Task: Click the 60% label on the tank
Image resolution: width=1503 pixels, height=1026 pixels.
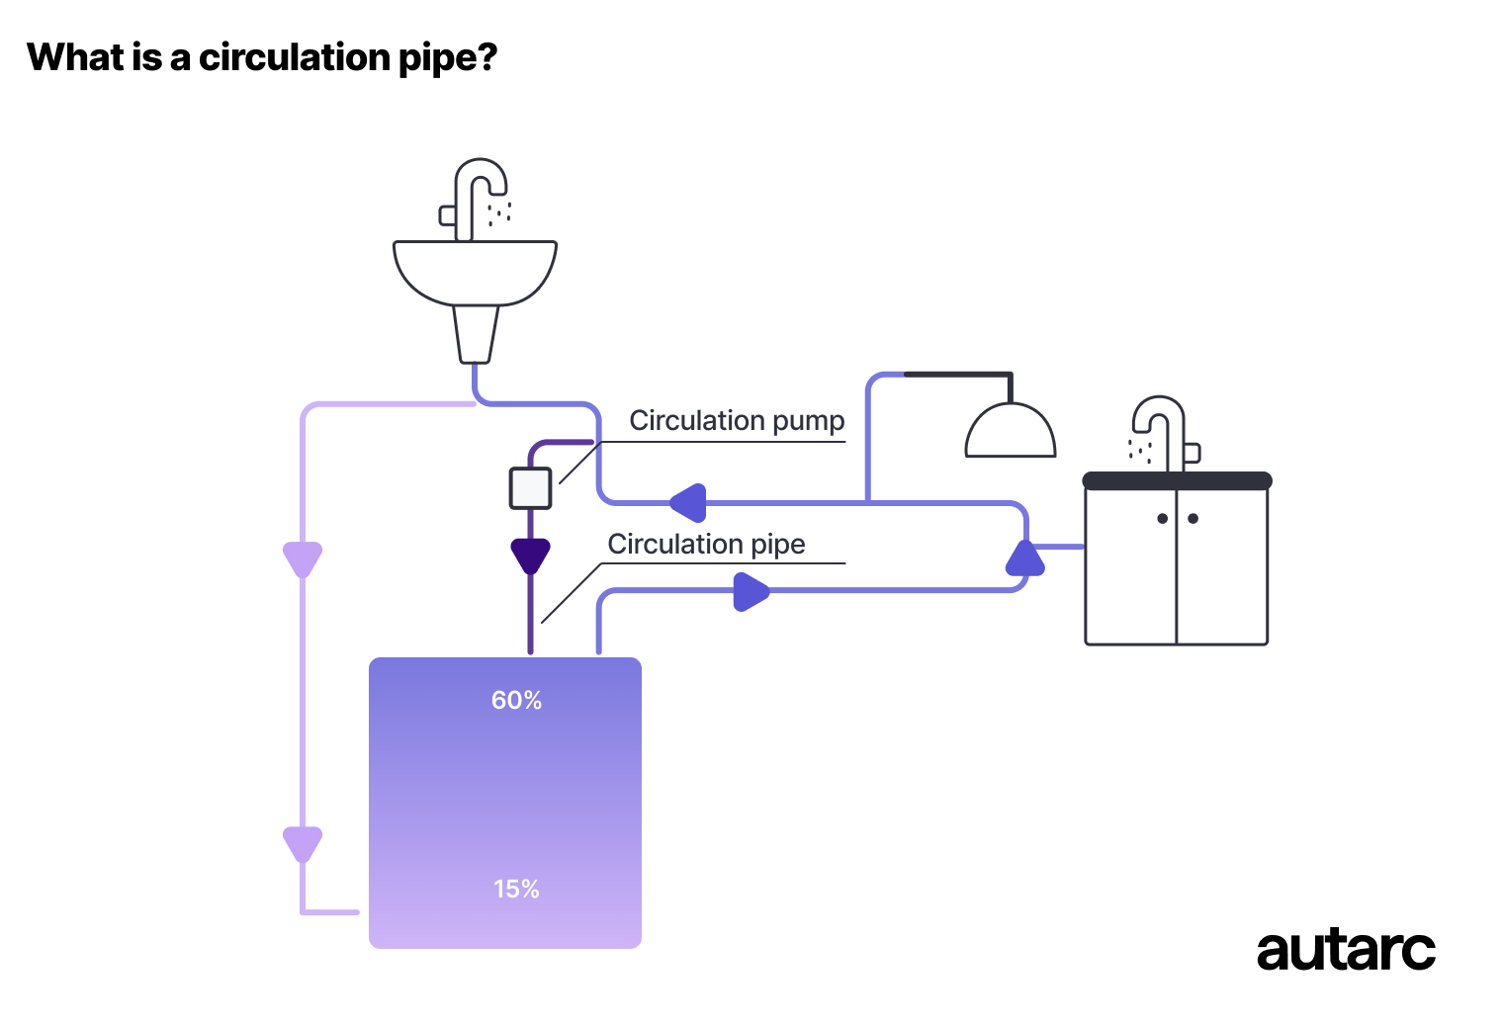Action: (516, 700)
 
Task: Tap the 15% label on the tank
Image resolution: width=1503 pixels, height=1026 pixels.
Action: (516, 889)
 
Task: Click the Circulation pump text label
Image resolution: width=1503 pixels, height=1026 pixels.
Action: (737, 421)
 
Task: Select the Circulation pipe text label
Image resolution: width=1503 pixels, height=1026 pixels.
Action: (706, 545)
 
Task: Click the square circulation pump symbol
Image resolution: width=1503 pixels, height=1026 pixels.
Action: (530, 488)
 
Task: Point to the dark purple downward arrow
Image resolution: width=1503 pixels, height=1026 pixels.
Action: (530, 556)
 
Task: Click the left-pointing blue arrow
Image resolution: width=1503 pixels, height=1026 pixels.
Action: (689, 502)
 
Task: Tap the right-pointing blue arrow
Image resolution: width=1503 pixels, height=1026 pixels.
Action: (751, 592)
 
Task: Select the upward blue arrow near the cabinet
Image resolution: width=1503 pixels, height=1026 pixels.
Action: (1024, 559)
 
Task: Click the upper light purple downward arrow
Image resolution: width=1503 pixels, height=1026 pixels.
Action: (303, 558)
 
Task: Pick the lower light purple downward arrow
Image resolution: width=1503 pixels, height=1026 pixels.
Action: (303, 844)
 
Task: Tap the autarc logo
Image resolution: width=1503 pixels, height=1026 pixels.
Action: (1345, 951)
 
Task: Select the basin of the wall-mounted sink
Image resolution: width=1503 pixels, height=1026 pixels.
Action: (475, 271)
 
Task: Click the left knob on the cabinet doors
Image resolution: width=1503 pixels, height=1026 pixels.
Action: (1162, 519)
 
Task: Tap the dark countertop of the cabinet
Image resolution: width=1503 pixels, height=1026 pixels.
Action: (1177, 481)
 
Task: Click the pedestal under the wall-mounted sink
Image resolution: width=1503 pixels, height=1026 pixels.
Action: (475, 333)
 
